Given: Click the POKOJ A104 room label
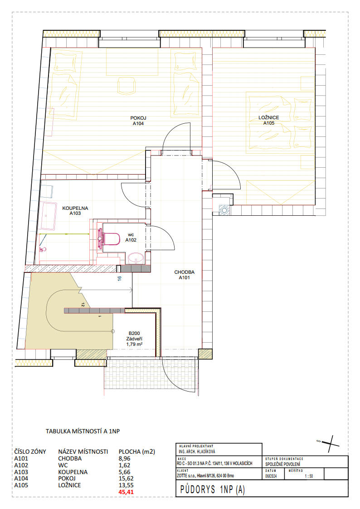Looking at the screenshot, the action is coord(138,121).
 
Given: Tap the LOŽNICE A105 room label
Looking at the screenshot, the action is coord(269,121).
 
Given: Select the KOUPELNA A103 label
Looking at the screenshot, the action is coord(75,211).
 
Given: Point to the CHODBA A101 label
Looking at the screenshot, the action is coord(185,275).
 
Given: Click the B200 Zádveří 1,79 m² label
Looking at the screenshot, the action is coord(134,339).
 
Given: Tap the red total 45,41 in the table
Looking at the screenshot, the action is coord(126,492).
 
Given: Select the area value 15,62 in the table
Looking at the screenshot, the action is coord(126,479).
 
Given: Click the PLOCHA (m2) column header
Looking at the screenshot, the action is coord(136,451).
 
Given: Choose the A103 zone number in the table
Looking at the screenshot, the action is coord(21,472).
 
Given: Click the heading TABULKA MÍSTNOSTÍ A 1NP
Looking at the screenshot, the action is coord(83,431).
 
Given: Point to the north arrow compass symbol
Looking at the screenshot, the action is coord(328,443).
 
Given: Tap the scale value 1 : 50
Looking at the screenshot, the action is coord(309,476).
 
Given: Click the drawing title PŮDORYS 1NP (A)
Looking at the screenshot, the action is coord(212,490).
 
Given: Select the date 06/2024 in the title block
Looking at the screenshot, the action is coord(269,476).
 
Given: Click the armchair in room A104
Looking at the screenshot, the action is coord(126,86).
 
